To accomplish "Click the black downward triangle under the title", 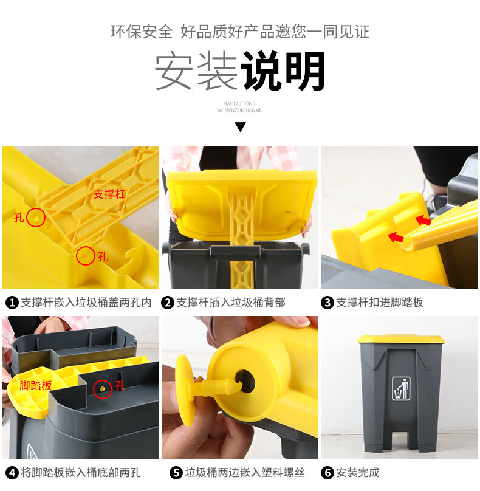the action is [240, 127].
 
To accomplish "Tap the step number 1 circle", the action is [12, 303].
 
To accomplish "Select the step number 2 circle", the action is [168, 303].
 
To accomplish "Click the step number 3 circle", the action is [327, 303].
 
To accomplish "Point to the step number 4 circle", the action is [12, 473].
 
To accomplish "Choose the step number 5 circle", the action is [176, 473].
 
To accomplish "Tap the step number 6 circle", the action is [327, 473].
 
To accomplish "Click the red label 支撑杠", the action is [109, 194].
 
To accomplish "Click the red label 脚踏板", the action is [35, 385].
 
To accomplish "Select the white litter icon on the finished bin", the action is [401, 388].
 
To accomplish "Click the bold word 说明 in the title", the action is [284, 71].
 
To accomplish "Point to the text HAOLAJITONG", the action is [239, 104].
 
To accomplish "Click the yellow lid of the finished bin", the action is [401, 339].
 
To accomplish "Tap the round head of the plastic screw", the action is [184, 390].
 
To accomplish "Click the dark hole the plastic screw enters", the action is [244, 382].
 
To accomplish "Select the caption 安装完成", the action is [358, 473].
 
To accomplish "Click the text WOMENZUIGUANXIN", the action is [239, 110].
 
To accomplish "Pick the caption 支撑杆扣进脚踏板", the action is [380, 303].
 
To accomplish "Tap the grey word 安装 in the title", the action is [196, 71].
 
